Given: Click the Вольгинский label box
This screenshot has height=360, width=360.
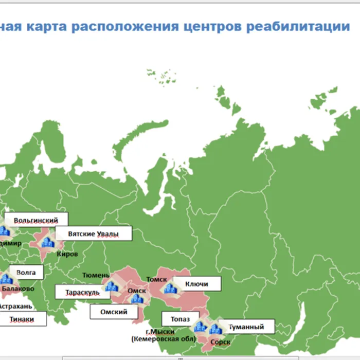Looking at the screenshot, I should tap(35, 220).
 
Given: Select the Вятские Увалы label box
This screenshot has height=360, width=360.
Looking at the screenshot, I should tap(93, 233).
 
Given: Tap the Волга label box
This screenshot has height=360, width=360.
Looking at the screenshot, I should tap(26, 273).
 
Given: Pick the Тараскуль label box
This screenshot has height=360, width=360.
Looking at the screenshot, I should tap(82, 292).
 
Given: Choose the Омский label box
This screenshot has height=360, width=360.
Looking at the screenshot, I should tap(114, 311).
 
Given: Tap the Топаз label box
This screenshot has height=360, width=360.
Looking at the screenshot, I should tap(181, 319).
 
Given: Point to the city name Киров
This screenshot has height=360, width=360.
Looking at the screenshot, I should tap(67, 254).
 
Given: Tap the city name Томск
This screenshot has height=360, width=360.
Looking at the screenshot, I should tap(156, 279).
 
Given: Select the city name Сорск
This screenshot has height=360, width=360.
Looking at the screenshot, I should tap(221, 341).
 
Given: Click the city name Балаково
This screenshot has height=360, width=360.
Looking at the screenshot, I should tap(18, 289).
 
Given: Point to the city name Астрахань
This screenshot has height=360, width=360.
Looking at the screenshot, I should tap(15, 306).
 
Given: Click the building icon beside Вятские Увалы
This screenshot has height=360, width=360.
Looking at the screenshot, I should tap(48, 242).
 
